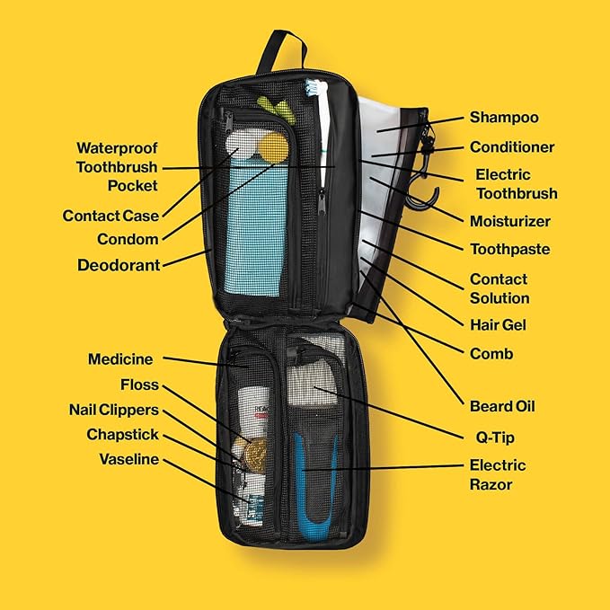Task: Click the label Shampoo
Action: click(504, 118)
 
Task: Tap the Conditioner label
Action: click(512, 147)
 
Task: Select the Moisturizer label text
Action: click(510, 221)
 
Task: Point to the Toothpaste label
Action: click(510, 250)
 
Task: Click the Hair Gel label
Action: click(498, 325)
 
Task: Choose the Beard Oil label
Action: click(502, 407)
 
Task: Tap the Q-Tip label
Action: click(495, 438)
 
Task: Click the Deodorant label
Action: click(119, 265)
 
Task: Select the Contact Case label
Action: click(111, 216)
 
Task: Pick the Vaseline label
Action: click(129, 459)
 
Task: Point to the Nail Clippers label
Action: click(114, 410)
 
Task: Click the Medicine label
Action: click(120, 359)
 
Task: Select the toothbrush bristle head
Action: click(313, 87)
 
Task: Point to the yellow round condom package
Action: click(273, 147)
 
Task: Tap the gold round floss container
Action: click(256, 454)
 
